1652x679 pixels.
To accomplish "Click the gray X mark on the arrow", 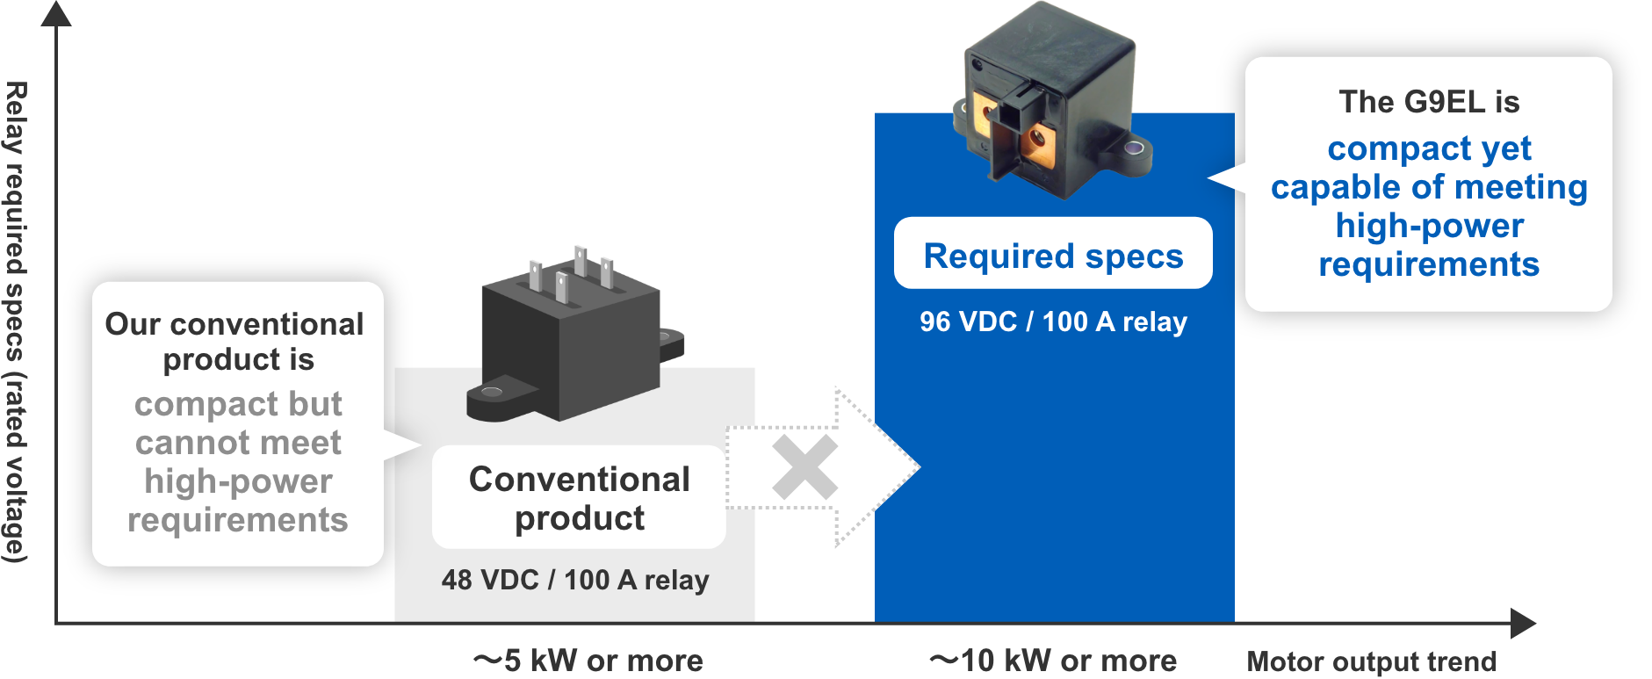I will (x=804, y=467).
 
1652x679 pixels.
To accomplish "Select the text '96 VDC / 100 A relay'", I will (x=1052, y=321).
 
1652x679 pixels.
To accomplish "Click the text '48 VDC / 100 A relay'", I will (x=575, y=580).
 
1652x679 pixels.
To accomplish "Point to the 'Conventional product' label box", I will (x=579, y=497).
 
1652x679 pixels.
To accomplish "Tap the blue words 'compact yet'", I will (x=1429, y=148).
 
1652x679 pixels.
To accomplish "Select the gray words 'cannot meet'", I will (x=238, y=443).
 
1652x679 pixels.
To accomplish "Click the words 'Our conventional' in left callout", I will (x=234, y=324).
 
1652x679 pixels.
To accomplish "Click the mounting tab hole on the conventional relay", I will (x=492, y=391).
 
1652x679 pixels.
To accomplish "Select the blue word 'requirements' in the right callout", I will (x=1429, y=264).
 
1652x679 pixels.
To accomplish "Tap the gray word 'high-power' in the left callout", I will (x=238, y=481).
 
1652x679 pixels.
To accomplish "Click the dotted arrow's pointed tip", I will (x=917, y=467).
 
